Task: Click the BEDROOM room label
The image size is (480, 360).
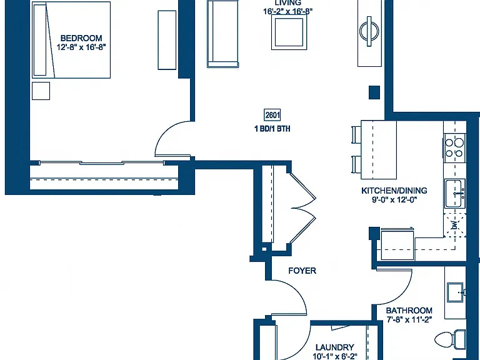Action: tap(81, 38)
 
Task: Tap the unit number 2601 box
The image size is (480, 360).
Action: tap(272, 115)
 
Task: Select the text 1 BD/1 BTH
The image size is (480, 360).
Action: tap(272, 129)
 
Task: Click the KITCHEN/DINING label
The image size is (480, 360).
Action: tap(394, 191)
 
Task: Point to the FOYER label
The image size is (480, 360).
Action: tap(302, 271)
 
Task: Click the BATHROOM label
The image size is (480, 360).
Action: tap(409, 311)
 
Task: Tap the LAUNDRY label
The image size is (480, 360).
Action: tap(335, 347)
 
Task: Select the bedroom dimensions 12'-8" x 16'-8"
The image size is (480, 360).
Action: tap(81, 47)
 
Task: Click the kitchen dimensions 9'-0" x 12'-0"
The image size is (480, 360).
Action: tap(394, 199)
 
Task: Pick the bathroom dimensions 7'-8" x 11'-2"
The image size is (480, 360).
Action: tap(409, 320)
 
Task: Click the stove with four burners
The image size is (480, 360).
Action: tap(454, 148)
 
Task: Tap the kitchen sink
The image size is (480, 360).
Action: tap(455, 194)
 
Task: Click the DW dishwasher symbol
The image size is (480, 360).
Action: tap(455, 225)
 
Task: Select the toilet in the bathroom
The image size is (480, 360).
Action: tap(450, 339)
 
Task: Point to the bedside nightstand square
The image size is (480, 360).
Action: tap(41, 91)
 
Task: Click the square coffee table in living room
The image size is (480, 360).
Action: tap(289, 32)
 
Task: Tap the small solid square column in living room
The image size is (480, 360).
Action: tap(374, 92)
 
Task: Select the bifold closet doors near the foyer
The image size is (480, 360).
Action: tap(303, 208)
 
